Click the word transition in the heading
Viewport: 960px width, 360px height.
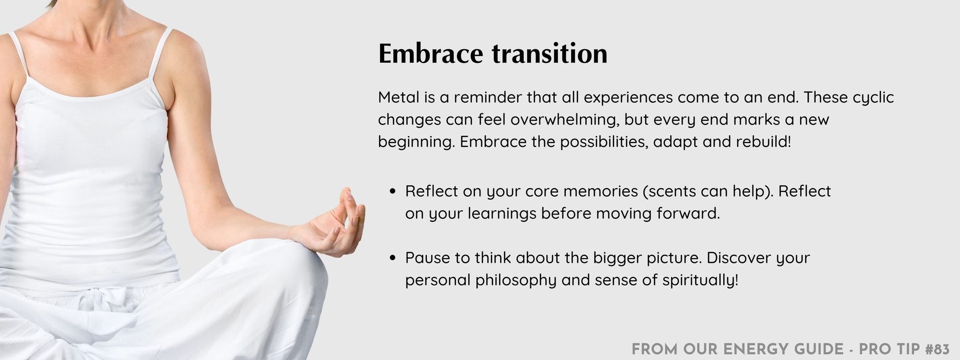(550, 53)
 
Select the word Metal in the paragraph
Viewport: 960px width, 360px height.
(398, 97)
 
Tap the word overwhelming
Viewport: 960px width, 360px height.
(564, 120)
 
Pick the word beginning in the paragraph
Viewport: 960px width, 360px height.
(416, 143)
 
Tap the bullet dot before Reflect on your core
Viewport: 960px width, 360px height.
(393, 192)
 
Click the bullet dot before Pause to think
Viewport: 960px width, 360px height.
(393, 258)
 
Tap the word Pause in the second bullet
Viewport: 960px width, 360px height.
(428, 258)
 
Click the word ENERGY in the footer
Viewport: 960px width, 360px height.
(751, 349)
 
